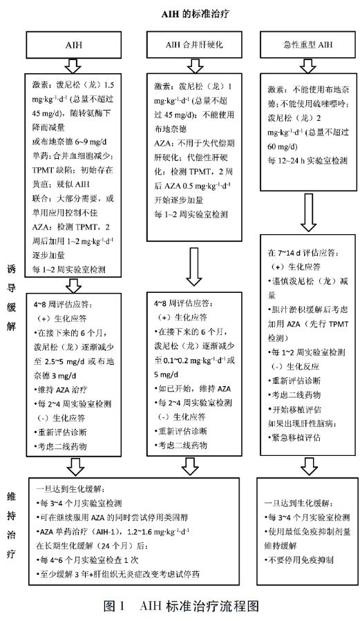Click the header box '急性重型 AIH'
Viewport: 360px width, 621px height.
point(303,46)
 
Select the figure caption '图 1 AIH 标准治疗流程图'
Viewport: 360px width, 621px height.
point(181,607)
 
